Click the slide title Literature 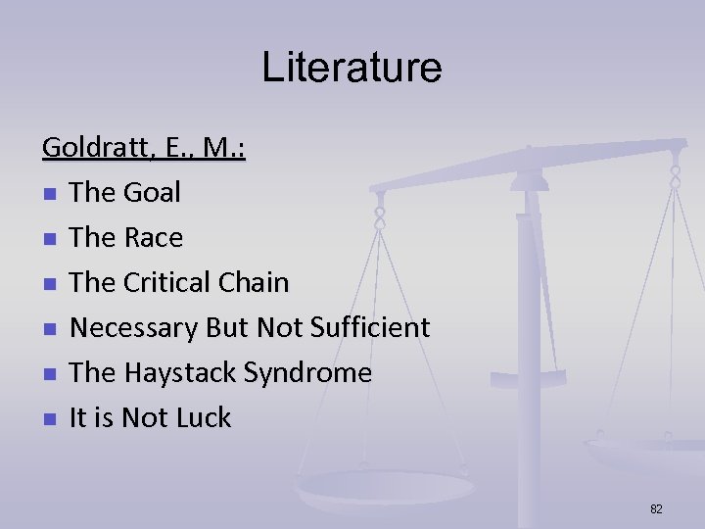(352, 68)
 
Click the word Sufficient (370, 327)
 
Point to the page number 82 (656, 508)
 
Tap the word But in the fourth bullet (221, 327)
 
